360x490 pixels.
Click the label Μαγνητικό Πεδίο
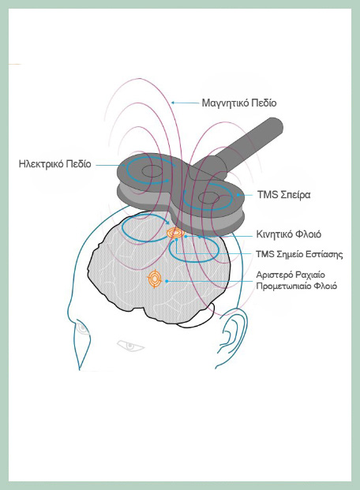tap(239, 103)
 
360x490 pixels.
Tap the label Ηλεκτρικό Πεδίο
tap(54, 164)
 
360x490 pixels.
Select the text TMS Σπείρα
tap(283, 195)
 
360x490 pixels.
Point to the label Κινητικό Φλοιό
tap(289, 234)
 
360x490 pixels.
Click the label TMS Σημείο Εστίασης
tap(299, 254)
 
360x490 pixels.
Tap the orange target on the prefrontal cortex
tap(155, 279)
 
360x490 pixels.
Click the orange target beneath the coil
tap(174, 233)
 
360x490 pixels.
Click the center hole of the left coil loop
tap(152, 171)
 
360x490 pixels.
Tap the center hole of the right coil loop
tap(209, 198)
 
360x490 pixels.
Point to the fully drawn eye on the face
tap(130, 346)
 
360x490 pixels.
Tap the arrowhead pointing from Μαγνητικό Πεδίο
tap(173, 103)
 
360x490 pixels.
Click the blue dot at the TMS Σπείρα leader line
tap(238, 195)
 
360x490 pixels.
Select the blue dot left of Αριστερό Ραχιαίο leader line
tap(167, 281)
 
